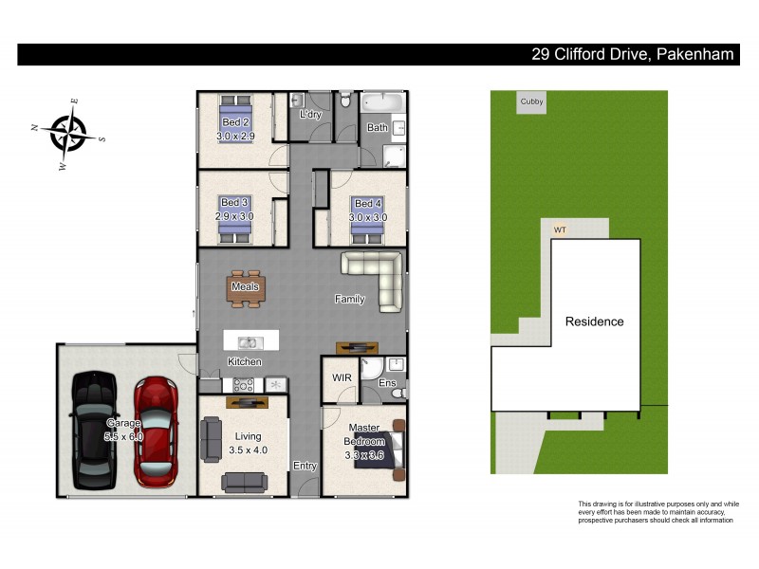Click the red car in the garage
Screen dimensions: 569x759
155,431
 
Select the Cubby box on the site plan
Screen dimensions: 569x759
530,102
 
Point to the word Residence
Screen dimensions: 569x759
595,321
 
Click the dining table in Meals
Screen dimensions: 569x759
246,288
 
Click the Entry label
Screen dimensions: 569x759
305,466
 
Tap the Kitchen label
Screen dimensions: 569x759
245,362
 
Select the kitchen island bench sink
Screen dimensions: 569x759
249,342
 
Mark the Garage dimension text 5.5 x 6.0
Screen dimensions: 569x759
123,437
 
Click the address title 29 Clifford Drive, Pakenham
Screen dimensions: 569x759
632,55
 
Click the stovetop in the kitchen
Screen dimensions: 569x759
241,385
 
